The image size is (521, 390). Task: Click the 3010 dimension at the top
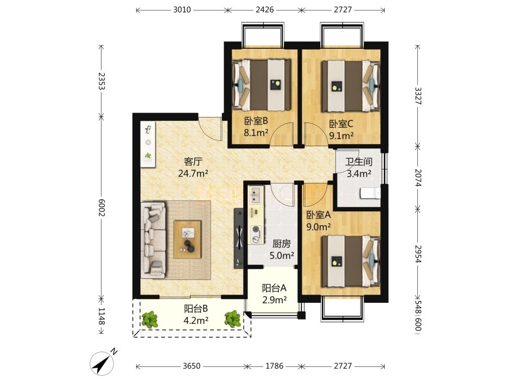[182, 10]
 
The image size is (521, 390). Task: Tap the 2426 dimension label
[264, 10]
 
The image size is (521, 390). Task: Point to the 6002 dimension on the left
[101, 208]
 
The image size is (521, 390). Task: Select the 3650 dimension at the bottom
[192, 366]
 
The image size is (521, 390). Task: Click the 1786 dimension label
[275, 366]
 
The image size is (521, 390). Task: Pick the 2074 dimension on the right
[418, 178]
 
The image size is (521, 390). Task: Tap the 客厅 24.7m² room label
[193, 167]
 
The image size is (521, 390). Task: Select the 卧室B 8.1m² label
[256, 127]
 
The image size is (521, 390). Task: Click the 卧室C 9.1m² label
[341, 129]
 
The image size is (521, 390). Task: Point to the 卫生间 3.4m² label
[359, 167]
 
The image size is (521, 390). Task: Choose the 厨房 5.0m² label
[282, 250]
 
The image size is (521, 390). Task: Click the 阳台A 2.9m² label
[275, 294]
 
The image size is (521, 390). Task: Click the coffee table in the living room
[188, 239]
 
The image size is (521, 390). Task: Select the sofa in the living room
[154, 240]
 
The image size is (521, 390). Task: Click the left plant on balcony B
[150, 320]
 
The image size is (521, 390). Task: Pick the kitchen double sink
[256, 195]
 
